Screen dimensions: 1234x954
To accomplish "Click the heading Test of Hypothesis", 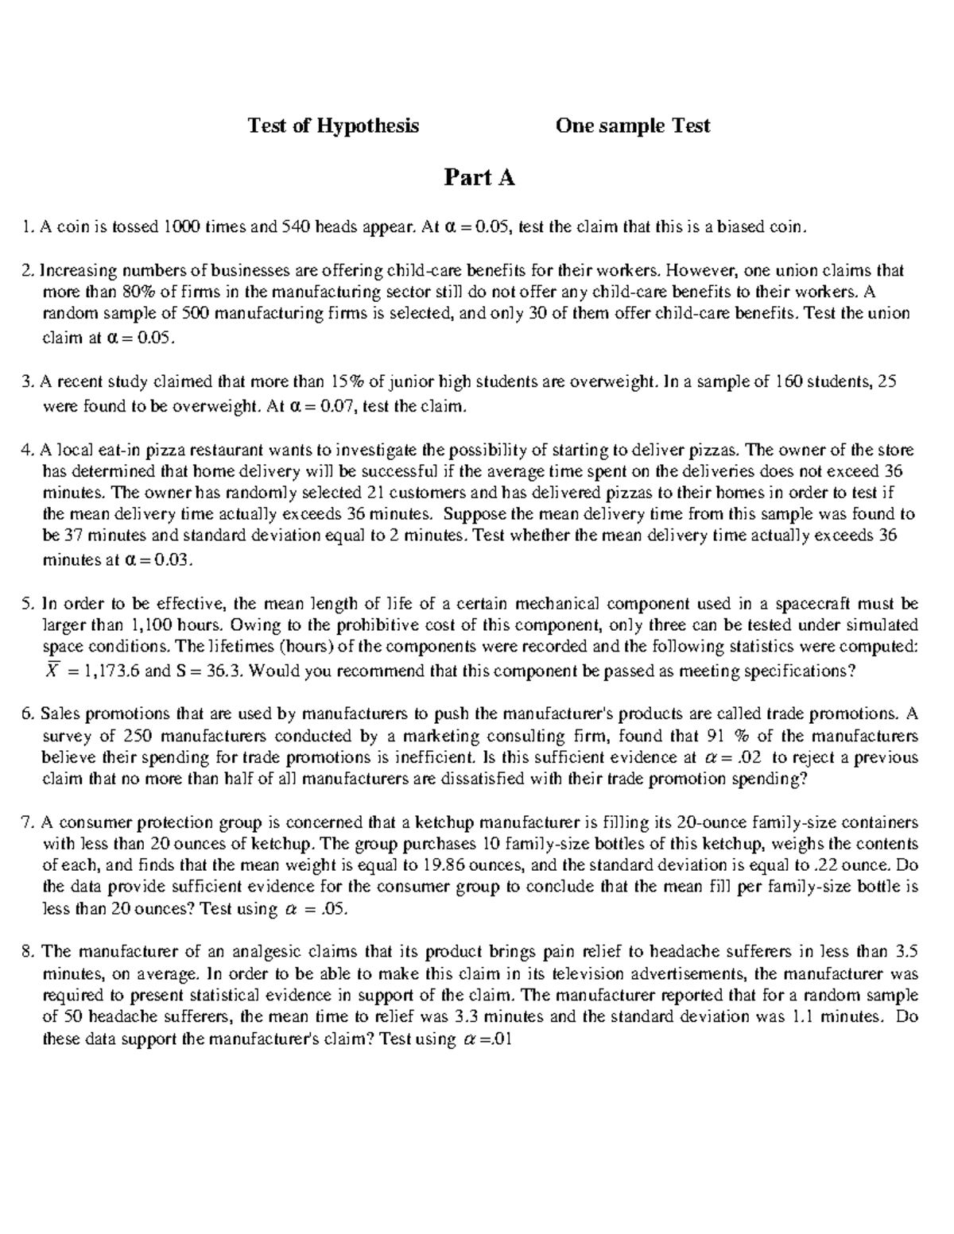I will [x=333, y=126].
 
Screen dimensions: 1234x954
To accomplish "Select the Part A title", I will [x=479, y=178].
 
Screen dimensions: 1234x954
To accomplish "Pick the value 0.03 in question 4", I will [x=173, y=559].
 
